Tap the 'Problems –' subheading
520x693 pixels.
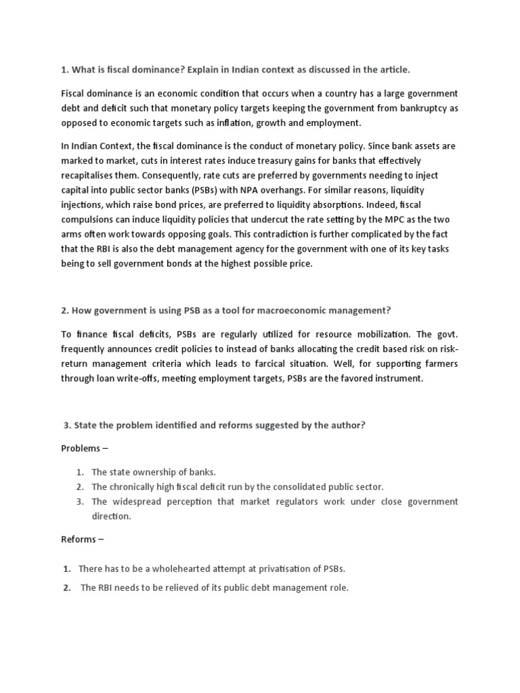click(85, 449)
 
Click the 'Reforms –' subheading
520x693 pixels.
click(83, 540)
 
